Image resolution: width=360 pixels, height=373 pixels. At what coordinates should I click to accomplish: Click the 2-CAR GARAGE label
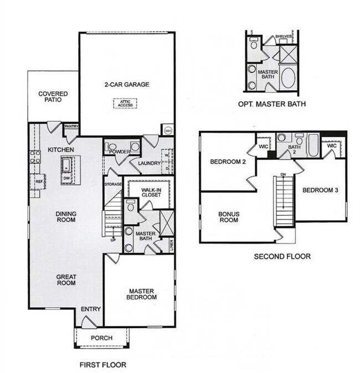tap(127, 85)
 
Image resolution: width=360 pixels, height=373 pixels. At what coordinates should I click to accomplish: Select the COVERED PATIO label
tap(53, 97)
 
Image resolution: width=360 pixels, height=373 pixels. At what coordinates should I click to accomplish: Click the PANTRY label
tap(71, 127)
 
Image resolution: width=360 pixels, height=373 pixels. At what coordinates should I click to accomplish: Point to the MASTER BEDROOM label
tap(142, 294)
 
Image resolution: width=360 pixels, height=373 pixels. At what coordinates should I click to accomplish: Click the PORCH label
tap(102, 338)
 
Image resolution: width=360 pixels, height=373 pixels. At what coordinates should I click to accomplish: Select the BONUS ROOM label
tap(228, 216)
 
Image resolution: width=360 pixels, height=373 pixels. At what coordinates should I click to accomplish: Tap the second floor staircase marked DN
tap(284, 202)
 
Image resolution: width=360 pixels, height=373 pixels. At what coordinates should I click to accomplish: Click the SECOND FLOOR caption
tap(282, 256)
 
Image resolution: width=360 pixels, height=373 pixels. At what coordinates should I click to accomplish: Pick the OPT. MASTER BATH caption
tap(271, 104)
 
